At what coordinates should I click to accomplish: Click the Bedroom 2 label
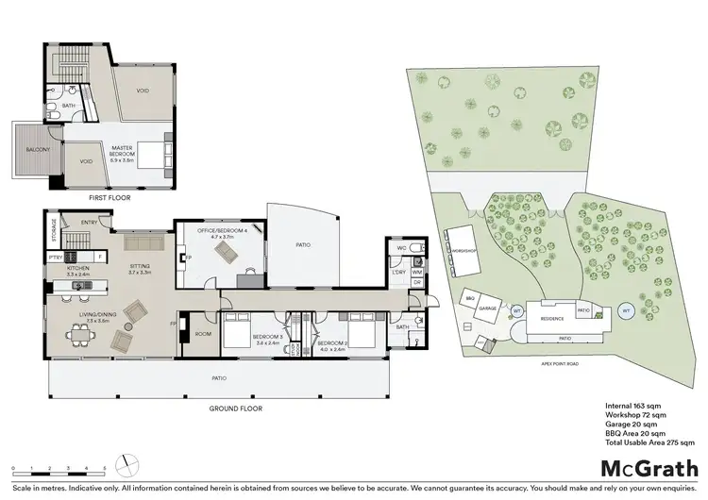334,342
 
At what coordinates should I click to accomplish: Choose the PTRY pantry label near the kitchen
55,258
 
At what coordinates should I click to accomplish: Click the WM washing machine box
417,272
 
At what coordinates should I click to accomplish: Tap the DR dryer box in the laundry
417,282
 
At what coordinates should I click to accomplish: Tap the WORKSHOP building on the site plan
461,251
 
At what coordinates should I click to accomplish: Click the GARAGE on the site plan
488,308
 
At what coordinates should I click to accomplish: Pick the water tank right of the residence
625,309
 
